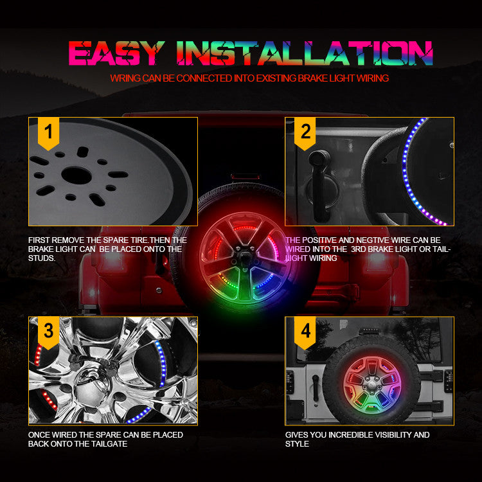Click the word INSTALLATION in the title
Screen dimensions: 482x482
(305, 53)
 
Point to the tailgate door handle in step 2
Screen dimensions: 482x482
(319, 168)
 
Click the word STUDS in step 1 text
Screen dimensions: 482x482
(42, 258)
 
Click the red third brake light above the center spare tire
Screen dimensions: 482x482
(241, 174)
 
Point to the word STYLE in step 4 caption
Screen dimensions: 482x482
(297, 444)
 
